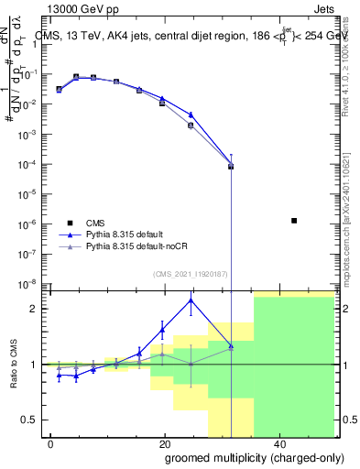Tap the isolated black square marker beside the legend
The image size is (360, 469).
point(293,221)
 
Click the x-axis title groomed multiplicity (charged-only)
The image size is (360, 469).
point(242,457)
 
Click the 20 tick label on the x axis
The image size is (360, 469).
point(164,443)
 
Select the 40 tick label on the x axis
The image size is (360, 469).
point(278,443)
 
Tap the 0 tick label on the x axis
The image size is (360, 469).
point(51,443)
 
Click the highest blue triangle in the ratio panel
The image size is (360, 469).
point(191,300)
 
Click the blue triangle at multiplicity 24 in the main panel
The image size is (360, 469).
point(191,115)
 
